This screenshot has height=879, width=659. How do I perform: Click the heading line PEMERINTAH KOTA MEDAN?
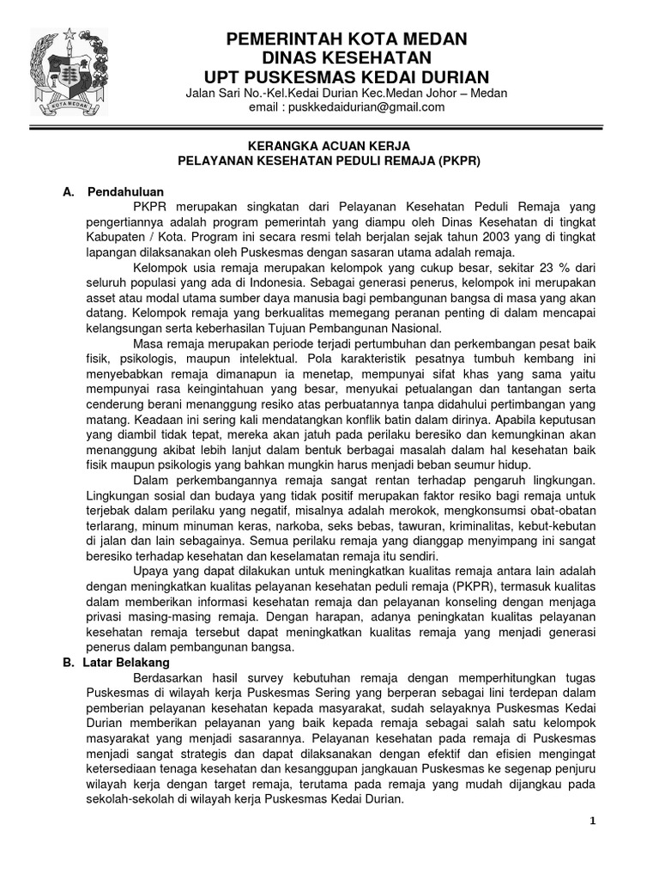(x=346, y=39)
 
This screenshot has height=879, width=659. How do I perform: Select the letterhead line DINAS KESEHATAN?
(x=346, y=58)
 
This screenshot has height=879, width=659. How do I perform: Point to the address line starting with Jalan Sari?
(x=347, y=93)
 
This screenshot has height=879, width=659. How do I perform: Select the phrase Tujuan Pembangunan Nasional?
(x=361, y=329)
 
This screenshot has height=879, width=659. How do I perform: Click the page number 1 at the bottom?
(x=592, y=821)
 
